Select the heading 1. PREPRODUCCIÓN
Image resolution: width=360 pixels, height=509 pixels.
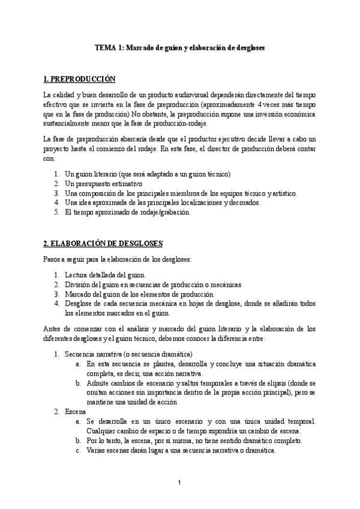pos(80,79)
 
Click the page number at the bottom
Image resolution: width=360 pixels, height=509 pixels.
pos(179,483)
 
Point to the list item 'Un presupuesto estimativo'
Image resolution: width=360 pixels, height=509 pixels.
pos(103,184)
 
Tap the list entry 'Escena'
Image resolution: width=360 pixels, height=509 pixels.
pos(76,412)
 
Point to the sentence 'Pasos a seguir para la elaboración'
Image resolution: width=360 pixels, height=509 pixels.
pos(118,259)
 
